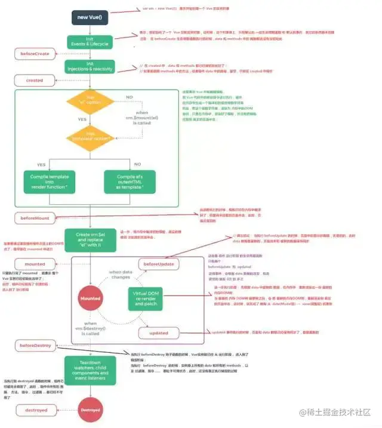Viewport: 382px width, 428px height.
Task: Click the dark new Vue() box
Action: click(90, 17)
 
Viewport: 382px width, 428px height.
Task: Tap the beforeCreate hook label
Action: click(35, 54)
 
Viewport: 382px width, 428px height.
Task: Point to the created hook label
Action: click(35, 81)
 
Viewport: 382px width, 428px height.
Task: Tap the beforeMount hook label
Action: click(35, 218)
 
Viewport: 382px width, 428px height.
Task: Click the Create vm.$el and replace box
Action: click(90, 239)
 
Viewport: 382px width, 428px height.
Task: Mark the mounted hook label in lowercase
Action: click(35, 263)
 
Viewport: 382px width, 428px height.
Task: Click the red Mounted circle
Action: click(90, 298)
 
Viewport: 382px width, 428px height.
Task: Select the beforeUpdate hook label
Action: click(159, 263)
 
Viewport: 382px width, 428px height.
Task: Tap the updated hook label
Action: click(159, 332)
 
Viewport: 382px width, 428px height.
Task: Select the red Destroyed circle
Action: click(90, 410)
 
